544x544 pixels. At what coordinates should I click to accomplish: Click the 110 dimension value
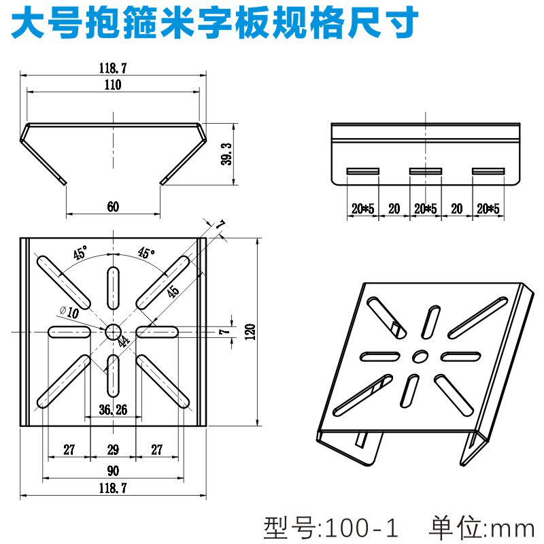point(113,86)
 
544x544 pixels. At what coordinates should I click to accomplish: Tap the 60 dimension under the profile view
point(113,208)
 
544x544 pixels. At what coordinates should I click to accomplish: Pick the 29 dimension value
point(113,449)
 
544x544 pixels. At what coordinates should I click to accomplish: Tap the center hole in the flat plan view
point(112,331)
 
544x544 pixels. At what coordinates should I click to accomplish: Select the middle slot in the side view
point(425,171)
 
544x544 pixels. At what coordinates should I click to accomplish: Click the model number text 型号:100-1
point(330,527)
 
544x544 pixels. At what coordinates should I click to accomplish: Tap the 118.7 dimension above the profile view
point(113,67)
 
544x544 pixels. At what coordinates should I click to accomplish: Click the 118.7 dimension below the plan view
point(113,488)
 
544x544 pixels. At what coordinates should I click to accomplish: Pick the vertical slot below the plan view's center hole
point(112,374)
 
